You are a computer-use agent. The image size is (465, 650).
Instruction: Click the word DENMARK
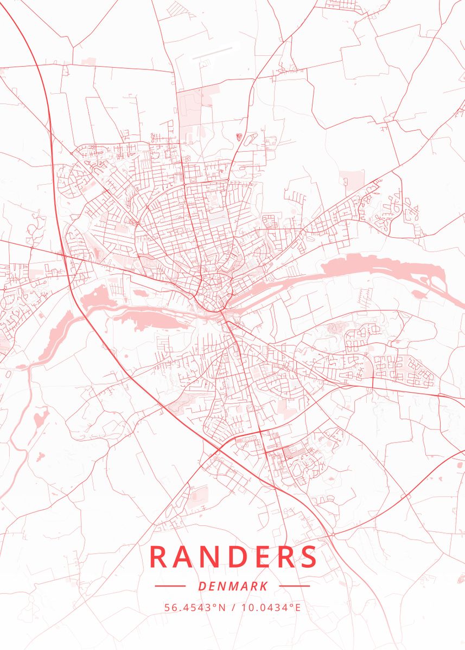click(233, 586)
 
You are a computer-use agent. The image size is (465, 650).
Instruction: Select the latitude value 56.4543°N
click(195, 607)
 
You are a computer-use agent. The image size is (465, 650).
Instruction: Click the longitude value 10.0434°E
click(271, 607)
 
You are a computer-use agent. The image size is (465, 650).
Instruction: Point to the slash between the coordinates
click(233, 607)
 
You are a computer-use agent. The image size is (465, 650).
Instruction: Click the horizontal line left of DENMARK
click(170, 586)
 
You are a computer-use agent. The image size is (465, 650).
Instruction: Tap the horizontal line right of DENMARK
click(295, 586)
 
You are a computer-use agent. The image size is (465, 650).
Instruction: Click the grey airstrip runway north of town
click(212, 53)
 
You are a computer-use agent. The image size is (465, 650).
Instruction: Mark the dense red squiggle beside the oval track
click(238, 136)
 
